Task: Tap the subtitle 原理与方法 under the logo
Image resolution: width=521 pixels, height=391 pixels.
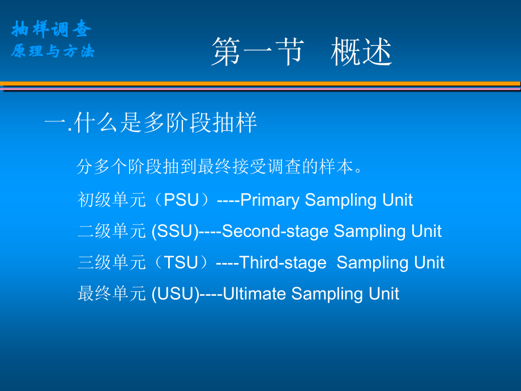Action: tap(53, 51)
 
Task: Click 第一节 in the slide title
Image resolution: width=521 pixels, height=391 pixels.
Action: tap(258, 52)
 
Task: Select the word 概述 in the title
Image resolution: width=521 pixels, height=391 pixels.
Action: tap(361, 52)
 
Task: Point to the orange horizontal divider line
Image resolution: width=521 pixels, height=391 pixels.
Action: tap(260, 83)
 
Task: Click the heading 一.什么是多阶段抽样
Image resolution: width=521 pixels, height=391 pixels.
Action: tap(151, 123)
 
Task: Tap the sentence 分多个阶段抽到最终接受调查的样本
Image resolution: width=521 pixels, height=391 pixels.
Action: tap(219, 166)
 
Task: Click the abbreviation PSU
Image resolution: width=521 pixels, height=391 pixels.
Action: tap(181, 200)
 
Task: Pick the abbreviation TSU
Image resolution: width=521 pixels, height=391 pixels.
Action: tap(181, 262)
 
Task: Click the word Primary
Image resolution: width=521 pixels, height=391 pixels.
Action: tap(270, 200)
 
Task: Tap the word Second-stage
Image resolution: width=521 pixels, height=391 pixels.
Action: tap(275, 231)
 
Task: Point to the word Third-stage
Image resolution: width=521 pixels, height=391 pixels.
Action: tap(283, 263)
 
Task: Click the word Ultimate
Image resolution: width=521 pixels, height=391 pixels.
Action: tap(254, 294)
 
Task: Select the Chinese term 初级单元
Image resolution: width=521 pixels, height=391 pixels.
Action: tap(112, 200)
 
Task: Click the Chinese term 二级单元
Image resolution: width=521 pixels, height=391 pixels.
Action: tap(112, 231)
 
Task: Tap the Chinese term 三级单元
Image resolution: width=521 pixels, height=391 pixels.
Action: tap(112, 262)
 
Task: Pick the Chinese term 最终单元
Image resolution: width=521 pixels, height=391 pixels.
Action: tap(112, 294)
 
